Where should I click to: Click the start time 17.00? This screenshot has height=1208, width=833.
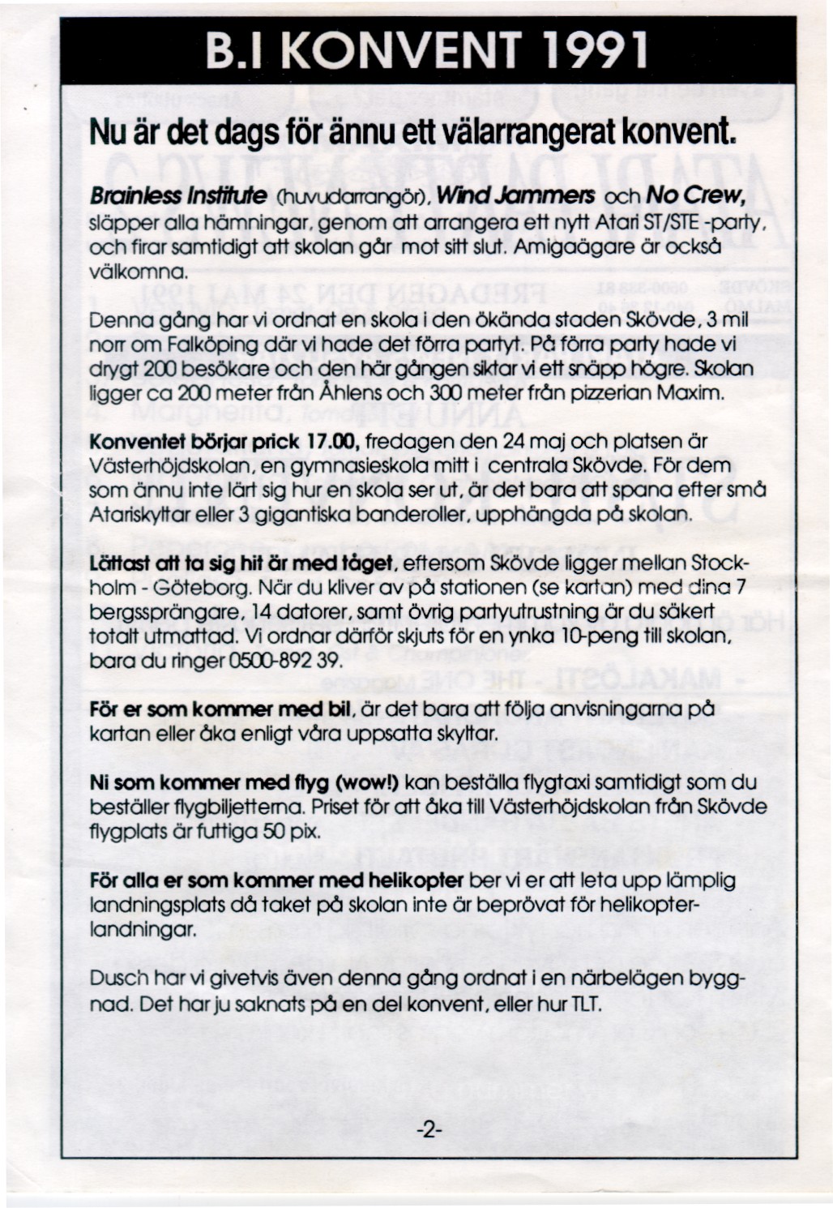coord(335,443)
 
